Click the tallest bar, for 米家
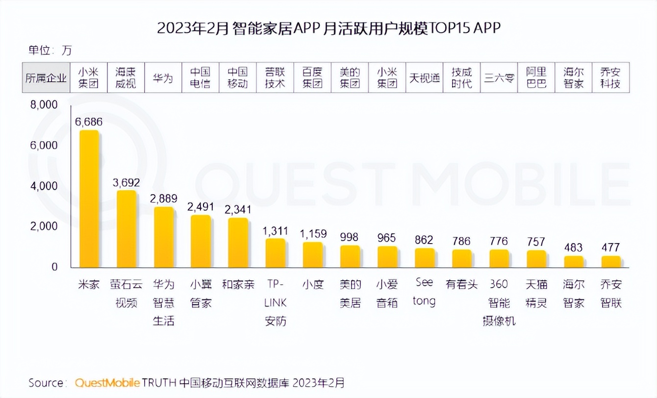89,199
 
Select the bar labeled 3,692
126,228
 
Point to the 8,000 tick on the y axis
44,105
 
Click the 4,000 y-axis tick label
44,186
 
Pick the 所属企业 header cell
46,78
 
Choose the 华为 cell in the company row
163,78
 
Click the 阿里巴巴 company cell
536,78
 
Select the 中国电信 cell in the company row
201,78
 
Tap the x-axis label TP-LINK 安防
276,302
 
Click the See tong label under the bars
424,292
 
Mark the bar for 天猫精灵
536,258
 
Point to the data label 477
610,247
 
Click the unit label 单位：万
50,50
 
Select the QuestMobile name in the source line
108,382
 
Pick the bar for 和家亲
238,242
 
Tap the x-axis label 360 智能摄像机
499,302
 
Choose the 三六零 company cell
499,78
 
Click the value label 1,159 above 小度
312,233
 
